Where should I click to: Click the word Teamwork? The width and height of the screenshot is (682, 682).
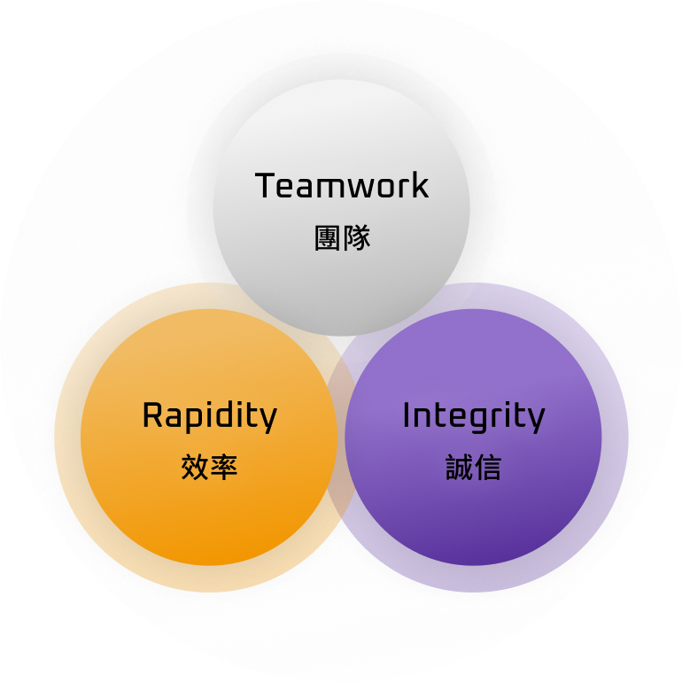click(342, 186)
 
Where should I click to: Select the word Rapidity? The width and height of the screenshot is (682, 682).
click(209, 416)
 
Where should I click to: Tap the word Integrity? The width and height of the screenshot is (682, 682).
click(473, 416)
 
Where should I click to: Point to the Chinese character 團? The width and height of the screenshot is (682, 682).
click(328, 237)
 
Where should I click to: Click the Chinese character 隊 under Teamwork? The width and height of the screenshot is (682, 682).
click(356, 237)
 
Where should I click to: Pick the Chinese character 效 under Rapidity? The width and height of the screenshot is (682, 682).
click(194, 468)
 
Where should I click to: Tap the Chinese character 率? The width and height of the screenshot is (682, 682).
click(223, 468)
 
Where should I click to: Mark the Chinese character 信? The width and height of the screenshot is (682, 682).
click(487, 468)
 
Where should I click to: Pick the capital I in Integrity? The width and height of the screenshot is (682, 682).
click(407, 415)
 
